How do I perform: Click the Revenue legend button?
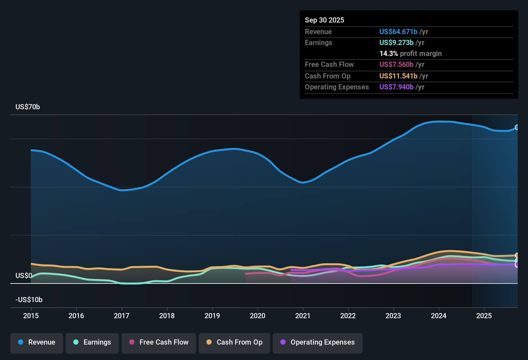click(37, 342)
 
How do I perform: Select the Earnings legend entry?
click(92, 342)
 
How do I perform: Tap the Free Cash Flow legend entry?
click(159, 342)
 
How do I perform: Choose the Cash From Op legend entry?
click(234, 342)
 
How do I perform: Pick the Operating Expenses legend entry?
click(318, 342)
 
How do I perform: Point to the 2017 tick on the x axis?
click(122, 316)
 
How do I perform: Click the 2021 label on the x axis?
click(303, 316)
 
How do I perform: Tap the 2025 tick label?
click(484, 316)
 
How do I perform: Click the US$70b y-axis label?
click(28, 107)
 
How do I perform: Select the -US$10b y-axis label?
click(29, 300)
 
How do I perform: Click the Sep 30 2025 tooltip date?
click(324, 20)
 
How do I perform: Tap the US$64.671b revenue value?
click(398, 32)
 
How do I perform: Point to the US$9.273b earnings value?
click(396, 43)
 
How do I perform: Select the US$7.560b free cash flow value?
click(396, 65)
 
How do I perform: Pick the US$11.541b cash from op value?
click(398, 76)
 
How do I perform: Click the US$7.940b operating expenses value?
click(396, 87)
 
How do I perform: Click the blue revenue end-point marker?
click(517, 127)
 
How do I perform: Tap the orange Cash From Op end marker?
click(517, 256)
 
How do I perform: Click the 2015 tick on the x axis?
click(31, 316)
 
